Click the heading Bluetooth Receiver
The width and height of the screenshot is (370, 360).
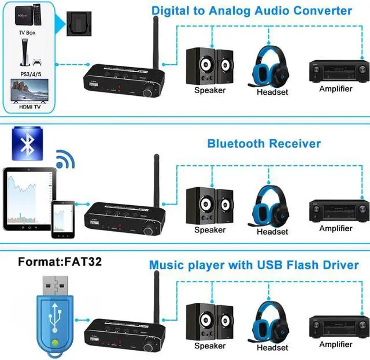[x=264, y=143]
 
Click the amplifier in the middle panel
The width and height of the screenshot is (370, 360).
[x=339, y=210]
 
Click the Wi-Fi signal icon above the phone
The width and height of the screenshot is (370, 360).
[x=65, y=161]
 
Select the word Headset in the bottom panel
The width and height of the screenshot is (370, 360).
[x=272, y=347]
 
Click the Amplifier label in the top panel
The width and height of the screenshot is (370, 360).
[x=336, y=89]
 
